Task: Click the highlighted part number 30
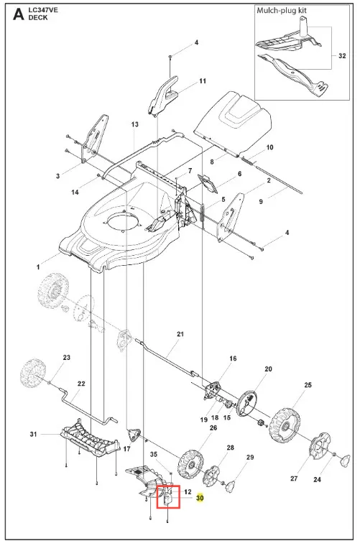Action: coord(200,499)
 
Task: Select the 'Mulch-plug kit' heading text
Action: coord(282,11)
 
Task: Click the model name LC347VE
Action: coord(43,10)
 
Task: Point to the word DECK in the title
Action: coord(38,17)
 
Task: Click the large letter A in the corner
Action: coord(19,14)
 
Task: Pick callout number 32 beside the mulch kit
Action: coord(342,56)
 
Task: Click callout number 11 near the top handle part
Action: coord(203,81)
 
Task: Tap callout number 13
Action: coord(135,124)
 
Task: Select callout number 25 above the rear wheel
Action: coord(308,385)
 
